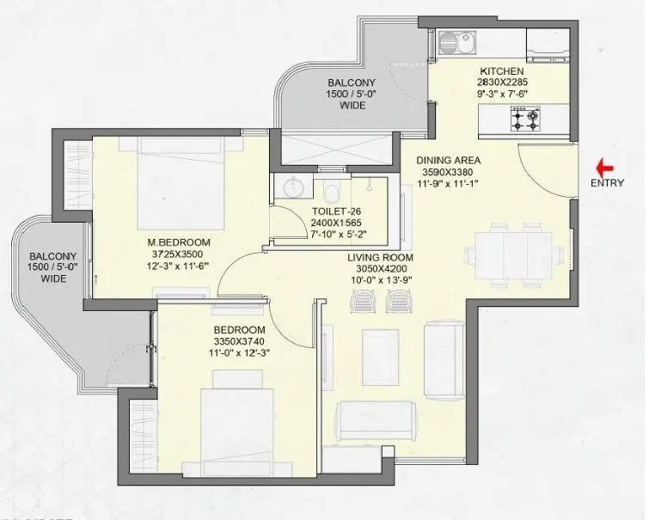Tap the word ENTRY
606,183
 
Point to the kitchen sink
453,40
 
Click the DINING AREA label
448,160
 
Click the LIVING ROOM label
381,258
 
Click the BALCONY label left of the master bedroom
53,257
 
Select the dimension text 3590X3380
448,171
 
